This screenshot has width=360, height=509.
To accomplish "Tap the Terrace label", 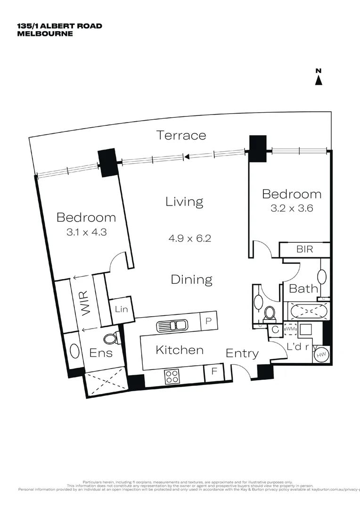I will [181, 135].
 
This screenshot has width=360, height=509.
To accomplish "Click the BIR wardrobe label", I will [305, 249].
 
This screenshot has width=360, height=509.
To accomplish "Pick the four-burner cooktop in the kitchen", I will [172, 376].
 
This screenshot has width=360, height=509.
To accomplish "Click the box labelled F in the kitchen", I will [214, 371].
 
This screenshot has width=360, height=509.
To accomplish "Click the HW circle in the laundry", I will [322, 355].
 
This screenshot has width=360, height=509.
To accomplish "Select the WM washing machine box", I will [290, 329].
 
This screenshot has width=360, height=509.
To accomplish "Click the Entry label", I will [242, 353].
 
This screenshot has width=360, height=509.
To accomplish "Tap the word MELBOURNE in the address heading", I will [45, 33].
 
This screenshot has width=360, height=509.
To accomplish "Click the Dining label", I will [191, 279].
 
